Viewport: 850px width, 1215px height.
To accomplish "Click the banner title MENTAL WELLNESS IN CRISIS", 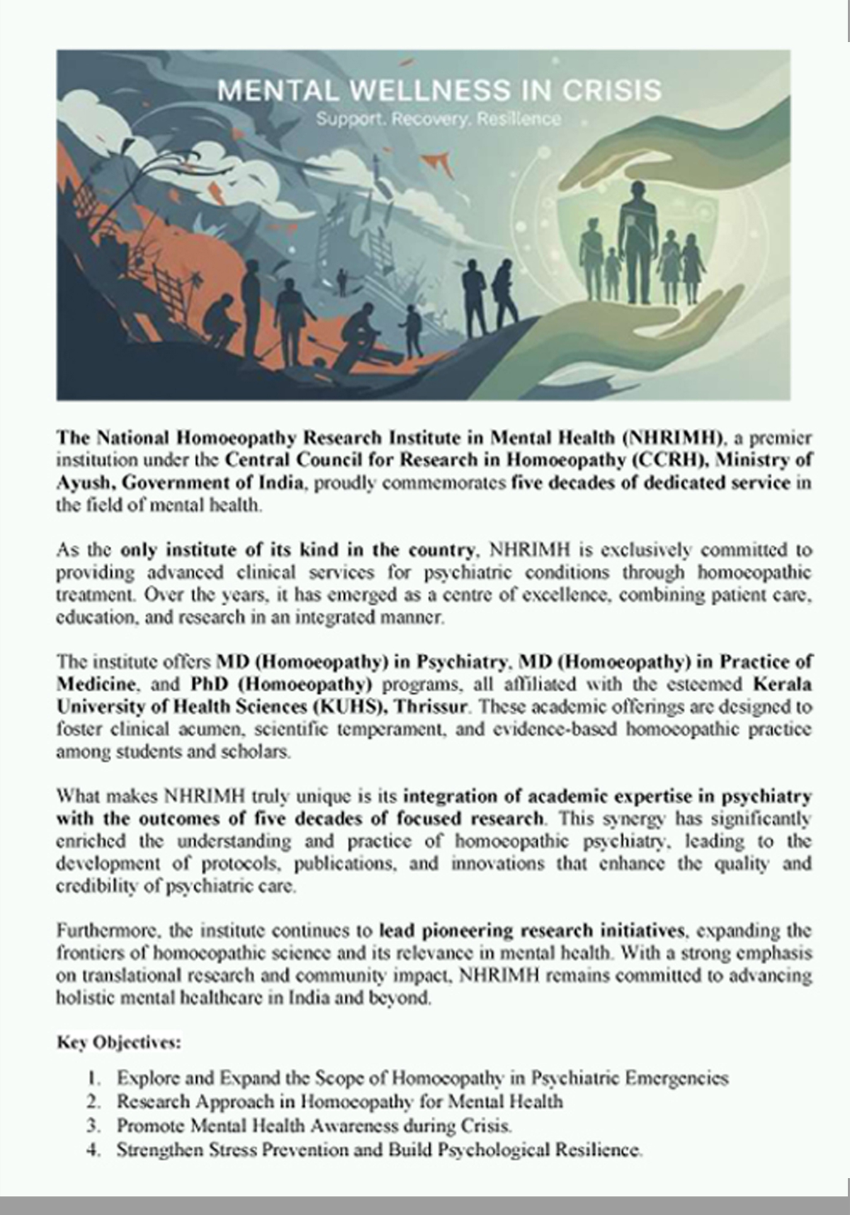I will pos(439,91).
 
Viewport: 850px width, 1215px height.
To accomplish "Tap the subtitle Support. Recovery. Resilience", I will pos(438,119).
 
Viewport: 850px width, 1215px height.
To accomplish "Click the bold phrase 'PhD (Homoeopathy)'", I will pos(281,684).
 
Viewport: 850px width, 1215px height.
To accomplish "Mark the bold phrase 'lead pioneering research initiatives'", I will pos(532,930).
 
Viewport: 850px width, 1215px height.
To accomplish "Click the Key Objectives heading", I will pos(119,1043).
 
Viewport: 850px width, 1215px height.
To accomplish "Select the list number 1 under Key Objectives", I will pos(93,1078).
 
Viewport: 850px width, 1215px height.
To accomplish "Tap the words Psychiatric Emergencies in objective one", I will pos(630,1078).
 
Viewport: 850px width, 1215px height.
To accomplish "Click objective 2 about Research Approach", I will pos(340,1102).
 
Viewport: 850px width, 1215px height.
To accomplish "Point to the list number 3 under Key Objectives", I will pos(93,1126).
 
